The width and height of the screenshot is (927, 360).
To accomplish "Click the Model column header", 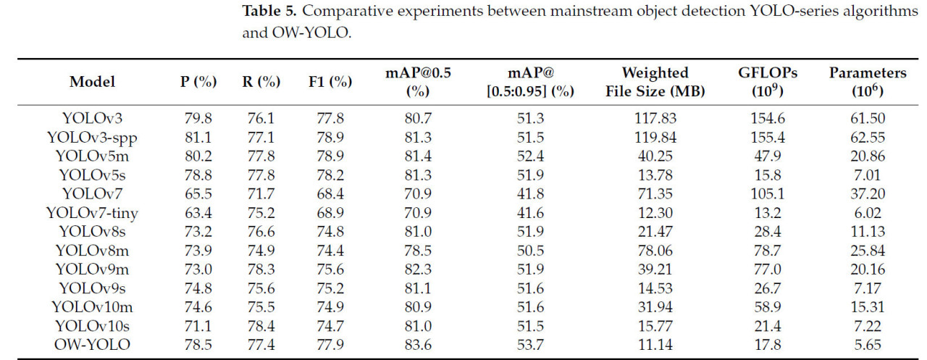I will [x=92, y=82].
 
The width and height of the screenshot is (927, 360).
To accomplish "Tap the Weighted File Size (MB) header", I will [x=655, y=82].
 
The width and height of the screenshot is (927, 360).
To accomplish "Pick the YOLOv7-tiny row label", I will [x=93, y=212].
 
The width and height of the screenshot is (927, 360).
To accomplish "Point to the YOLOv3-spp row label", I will [x=93, y=137].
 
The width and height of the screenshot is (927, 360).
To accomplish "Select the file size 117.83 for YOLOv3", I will [x=655, y=118].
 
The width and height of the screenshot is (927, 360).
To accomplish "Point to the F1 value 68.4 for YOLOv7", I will [x=330, y=193].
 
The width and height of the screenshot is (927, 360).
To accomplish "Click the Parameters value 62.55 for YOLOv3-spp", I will [x=868, y=137].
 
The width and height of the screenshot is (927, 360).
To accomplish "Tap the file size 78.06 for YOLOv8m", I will [x=655, y=250].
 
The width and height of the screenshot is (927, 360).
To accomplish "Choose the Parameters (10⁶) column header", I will [x=868, y=82].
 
